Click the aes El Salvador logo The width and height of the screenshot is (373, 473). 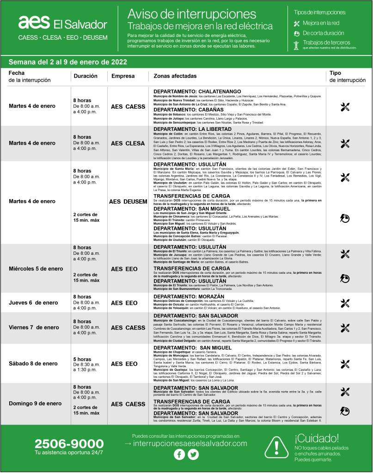coord(62,23)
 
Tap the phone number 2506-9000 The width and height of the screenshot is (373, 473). coord(69,444)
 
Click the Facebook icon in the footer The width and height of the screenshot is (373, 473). coord(179,455)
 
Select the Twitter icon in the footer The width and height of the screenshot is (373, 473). coord(193,455)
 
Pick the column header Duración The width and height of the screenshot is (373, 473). coord(85,76)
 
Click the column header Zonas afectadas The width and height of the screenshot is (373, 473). coord(175,76)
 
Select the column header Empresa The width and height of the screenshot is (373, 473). coord(123,76)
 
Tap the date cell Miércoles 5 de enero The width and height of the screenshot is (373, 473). coord(36,269)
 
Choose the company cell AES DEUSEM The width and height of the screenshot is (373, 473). coord(128,202)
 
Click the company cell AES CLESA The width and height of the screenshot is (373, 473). coord(128,143)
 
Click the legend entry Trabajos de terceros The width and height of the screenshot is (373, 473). coord(326,43)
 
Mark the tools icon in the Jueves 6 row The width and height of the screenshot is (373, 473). coord(344,303)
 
